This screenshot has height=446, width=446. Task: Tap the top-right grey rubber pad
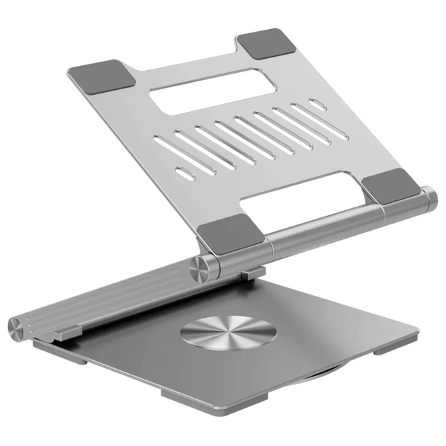(267, 45)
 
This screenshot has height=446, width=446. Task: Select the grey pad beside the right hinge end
(391, 188)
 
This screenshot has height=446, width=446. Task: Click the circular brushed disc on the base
(226, 332)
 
